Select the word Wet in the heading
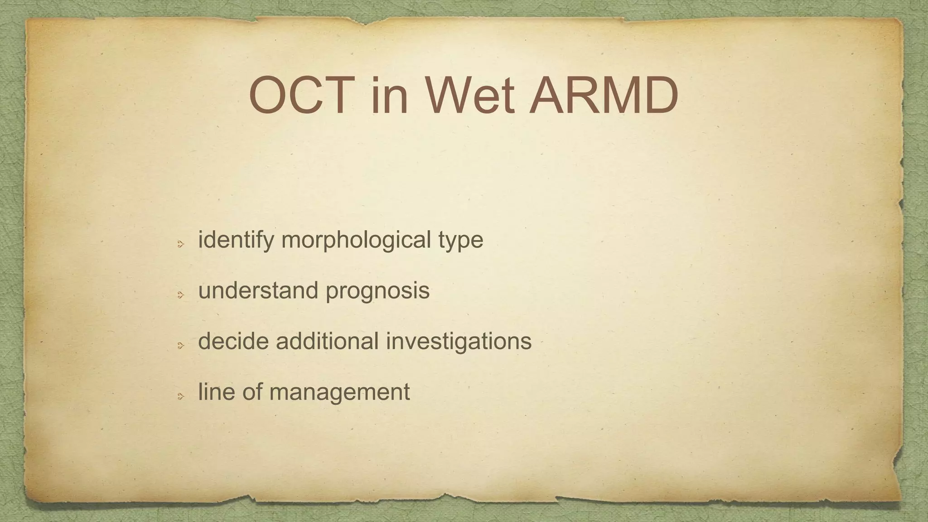(x=469, y=96)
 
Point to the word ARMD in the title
(x=604, y=96)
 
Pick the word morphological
(x=356, y=240)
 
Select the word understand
(x=258, y=290)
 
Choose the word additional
(x=327, y=341)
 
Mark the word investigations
(x=459, y=342)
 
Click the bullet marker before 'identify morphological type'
(x=180, y=244)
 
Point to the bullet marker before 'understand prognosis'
(x=180, y=295)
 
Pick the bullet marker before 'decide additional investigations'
(x=180, y=346)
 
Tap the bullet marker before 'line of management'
(x=180, y=396)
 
